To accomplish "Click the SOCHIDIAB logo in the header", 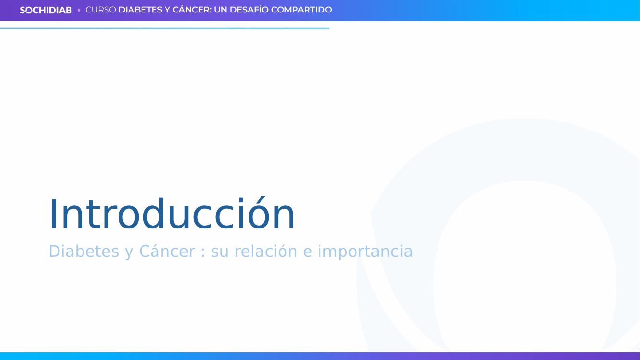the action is [x=46, y=10].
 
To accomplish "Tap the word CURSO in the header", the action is [x=101, y=10].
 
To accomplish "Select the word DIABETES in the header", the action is [x=140, y=10].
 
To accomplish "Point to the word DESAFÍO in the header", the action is [x=249, y=10].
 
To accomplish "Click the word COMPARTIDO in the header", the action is [x=301, y=10].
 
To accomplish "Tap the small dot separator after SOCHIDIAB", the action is [x=79, y=10].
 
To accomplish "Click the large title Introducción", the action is [x=172, y=213].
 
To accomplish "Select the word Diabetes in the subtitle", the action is [x=83, y=252].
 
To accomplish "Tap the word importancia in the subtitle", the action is [x=365, y=252].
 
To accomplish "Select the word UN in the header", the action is [x=220, y=10].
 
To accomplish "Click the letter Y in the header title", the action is [x=167, y=10].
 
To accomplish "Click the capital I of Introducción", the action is [x=52, y=214].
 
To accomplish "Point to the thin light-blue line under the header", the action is [x=165, y=29].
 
